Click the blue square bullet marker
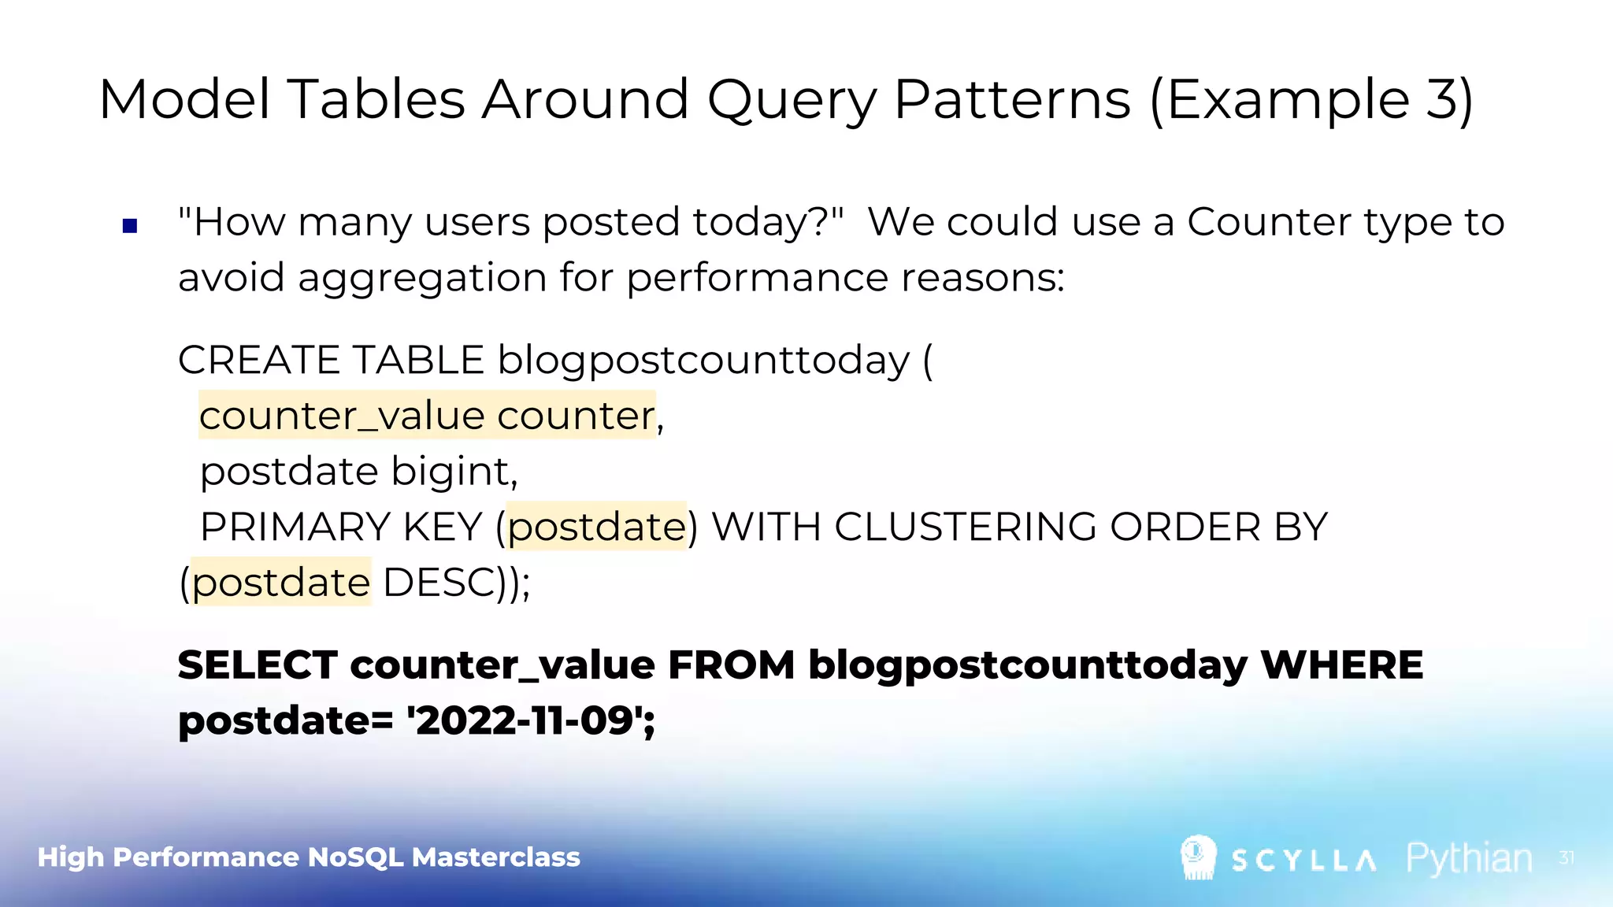coord(131,227)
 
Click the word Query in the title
coord(791,101)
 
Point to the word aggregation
coord(421,279)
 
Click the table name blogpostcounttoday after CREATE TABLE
coord(703,361)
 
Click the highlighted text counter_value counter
coord(427,416)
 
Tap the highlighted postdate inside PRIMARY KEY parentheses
coord(596,527)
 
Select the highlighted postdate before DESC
coord(281,583)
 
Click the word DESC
coord(438,583)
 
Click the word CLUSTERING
coord(965,527)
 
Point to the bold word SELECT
coord(258,665)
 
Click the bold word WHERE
coord(1341,665)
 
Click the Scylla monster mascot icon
coord(1198,857)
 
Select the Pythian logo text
coord(1469,858)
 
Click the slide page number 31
coord(1567,857)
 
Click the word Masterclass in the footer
coord(495,857)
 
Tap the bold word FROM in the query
coord(731,665)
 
